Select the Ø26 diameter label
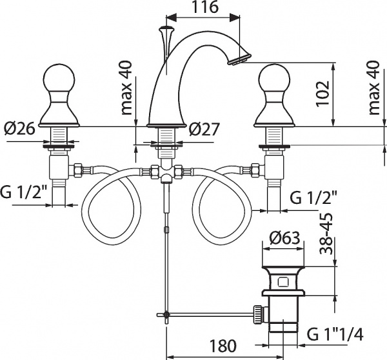19,128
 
